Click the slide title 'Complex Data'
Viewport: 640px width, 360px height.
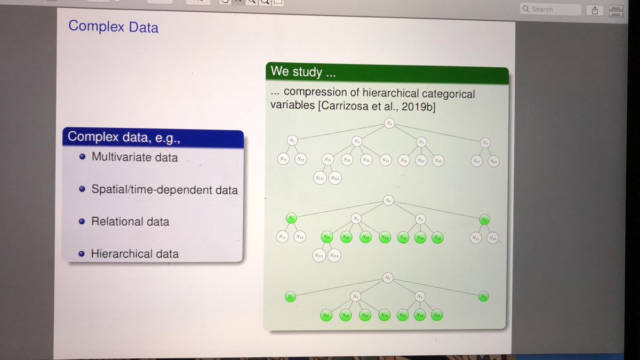[x=113, y=26]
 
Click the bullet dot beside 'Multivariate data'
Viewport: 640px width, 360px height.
[x=82, y=157]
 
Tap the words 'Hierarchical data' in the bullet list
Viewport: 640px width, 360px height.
[x=134, y=254]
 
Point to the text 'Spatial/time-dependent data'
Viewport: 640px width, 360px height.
[x=164, y=189]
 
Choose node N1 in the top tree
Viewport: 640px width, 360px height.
[x=292, y=140]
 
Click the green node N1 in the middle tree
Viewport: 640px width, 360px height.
[x=291, y=218]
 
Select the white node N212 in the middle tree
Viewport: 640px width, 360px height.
[x=334, y=256]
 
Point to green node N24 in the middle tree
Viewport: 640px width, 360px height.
[x=384, y=238]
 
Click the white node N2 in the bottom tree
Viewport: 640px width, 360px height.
[x=356, y=296]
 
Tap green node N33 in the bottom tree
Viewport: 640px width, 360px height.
[x=437, y=315]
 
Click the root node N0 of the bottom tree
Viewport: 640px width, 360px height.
[x=388, y=278]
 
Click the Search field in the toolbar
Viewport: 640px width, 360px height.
[x=550, y=9]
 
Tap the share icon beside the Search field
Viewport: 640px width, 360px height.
[x=595, y=10]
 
